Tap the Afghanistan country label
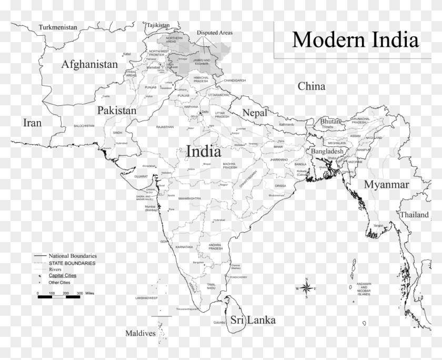89,65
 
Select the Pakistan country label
116,111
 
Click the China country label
312,86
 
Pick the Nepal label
255,113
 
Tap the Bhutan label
330,121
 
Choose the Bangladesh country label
327,151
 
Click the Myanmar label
386,184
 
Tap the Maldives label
140,333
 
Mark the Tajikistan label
158,25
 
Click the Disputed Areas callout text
215,33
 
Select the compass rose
306,288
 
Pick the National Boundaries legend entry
73,256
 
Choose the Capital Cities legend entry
63,275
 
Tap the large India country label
203,152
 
